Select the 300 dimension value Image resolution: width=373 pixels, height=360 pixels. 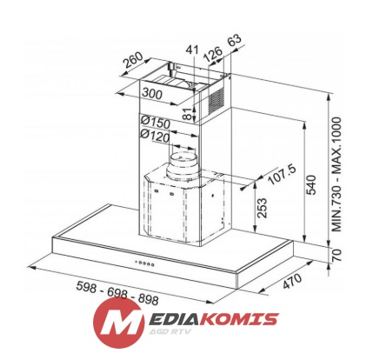pos(152,93)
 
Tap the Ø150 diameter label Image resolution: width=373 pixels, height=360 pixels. pos(156,123)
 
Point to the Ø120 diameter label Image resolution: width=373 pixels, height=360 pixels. pos(155,136)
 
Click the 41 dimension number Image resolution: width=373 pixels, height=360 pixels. pos(192,50)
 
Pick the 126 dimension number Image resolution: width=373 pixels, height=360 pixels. pos(212,54)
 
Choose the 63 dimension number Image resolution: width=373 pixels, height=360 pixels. pos(234,40)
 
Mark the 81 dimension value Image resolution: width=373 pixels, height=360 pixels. pos(188,113)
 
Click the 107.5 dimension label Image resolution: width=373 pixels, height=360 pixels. pos(282,175)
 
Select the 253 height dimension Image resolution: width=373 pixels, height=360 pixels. pos(262,208)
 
